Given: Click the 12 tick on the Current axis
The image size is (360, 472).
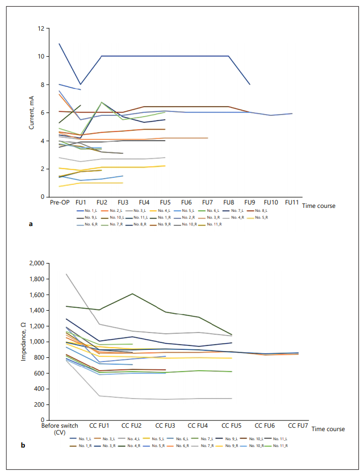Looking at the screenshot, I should coord(40,28).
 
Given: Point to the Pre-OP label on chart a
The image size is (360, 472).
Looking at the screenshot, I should coord(59,202).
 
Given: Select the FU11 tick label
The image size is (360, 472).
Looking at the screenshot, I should coord(291,202).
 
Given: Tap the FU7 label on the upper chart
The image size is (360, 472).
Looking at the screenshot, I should coord(207,202).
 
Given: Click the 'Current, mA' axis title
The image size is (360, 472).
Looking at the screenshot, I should coord(32,112).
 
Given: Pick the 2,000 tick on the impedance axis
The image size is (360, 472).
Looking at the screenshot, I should coord(35,264).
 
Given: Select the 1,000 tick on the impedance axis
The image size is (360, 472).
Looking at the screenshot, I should coord(35,342).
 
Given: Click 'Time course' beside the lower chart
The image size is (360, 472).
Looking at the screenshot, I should coord(328,429).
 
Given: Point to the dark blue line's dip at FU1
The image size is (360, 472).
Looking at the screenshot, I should coord(80,84).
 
